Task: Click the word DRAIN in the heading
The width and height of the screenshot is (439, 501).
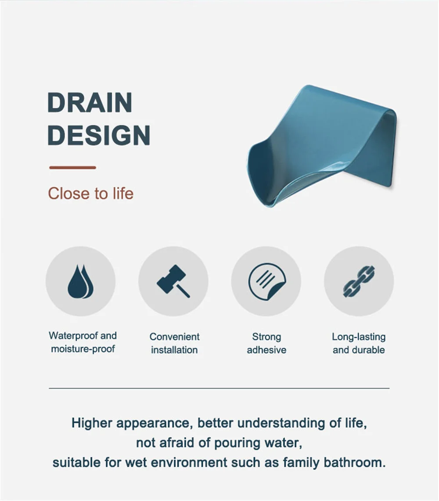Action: [x=90, y=103]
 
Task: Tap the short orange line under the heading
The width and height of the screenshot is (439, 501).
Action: [x=72, y=167]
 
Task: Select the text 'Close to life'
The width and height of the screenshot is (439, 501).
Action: [x=90, y=193]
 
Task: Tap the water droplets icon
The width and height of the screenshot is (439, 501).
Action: [x=80, y=281]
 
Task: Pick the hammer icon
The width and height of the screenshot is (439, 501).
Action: [x=173, y=281]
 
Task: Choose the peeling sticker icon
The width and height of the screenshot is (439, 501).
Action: [x=266, y=281]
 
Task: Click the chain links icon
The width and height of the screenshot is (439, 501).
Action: [x=359, y=281]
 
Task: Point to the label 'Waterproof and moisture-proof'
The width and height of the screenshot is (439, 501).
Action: [x=83, y=342]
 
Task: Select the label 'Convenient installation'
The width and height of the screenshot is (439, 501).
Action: [x=174, y=343]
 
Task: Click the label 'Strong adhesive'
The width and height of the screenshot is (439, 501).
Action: [x=266, y=343]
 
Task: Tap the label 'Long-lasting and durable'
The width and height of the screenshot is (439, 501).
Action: [x=359, y=343]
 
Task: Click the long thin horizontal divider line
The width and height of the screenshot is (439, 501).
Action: [x=219, y=388]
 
